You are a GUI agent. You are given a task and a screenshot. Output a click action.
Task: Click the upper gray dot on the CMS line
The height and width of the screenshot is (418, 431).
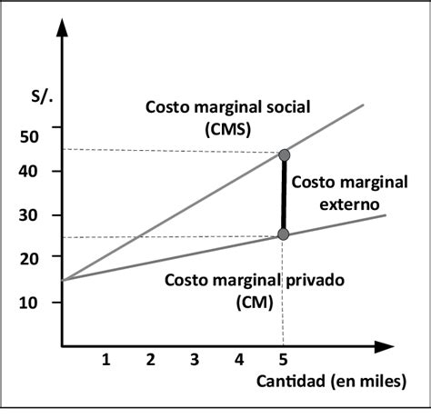tap(284, 155)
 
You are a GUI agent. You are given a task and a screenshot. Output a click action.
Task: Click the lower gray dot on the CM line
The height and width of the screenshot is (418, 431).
tap(284, 234)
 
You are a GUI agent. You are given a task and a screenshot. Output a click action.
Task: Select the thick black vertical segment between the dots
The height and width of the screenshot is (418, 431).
tap(284, 195)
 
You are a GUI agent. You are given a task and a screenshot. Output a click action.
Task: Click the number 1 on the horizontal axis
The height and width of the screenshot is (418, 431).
tap(105, 359)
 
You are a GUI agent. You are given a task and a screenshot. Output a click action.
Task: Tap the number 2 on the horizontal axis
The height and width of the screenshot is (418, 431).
tap(150, 359)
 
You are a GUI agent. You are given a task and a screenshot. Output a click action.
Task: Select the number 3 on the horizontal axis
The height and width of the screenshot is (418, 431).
tap(195, 359)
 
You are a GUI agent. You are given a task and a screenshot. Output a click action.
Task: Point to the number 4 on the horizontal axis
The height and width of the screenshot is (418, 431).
tap(239, 359)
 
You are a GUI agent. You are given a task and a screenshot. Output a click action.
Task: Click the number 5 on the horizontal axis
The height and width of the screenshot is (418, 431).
tap(284, 359)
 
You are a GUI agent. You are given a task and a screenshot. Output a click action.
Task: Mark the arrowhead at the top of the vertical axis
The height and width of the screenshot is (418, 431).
tap(62, 27)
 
